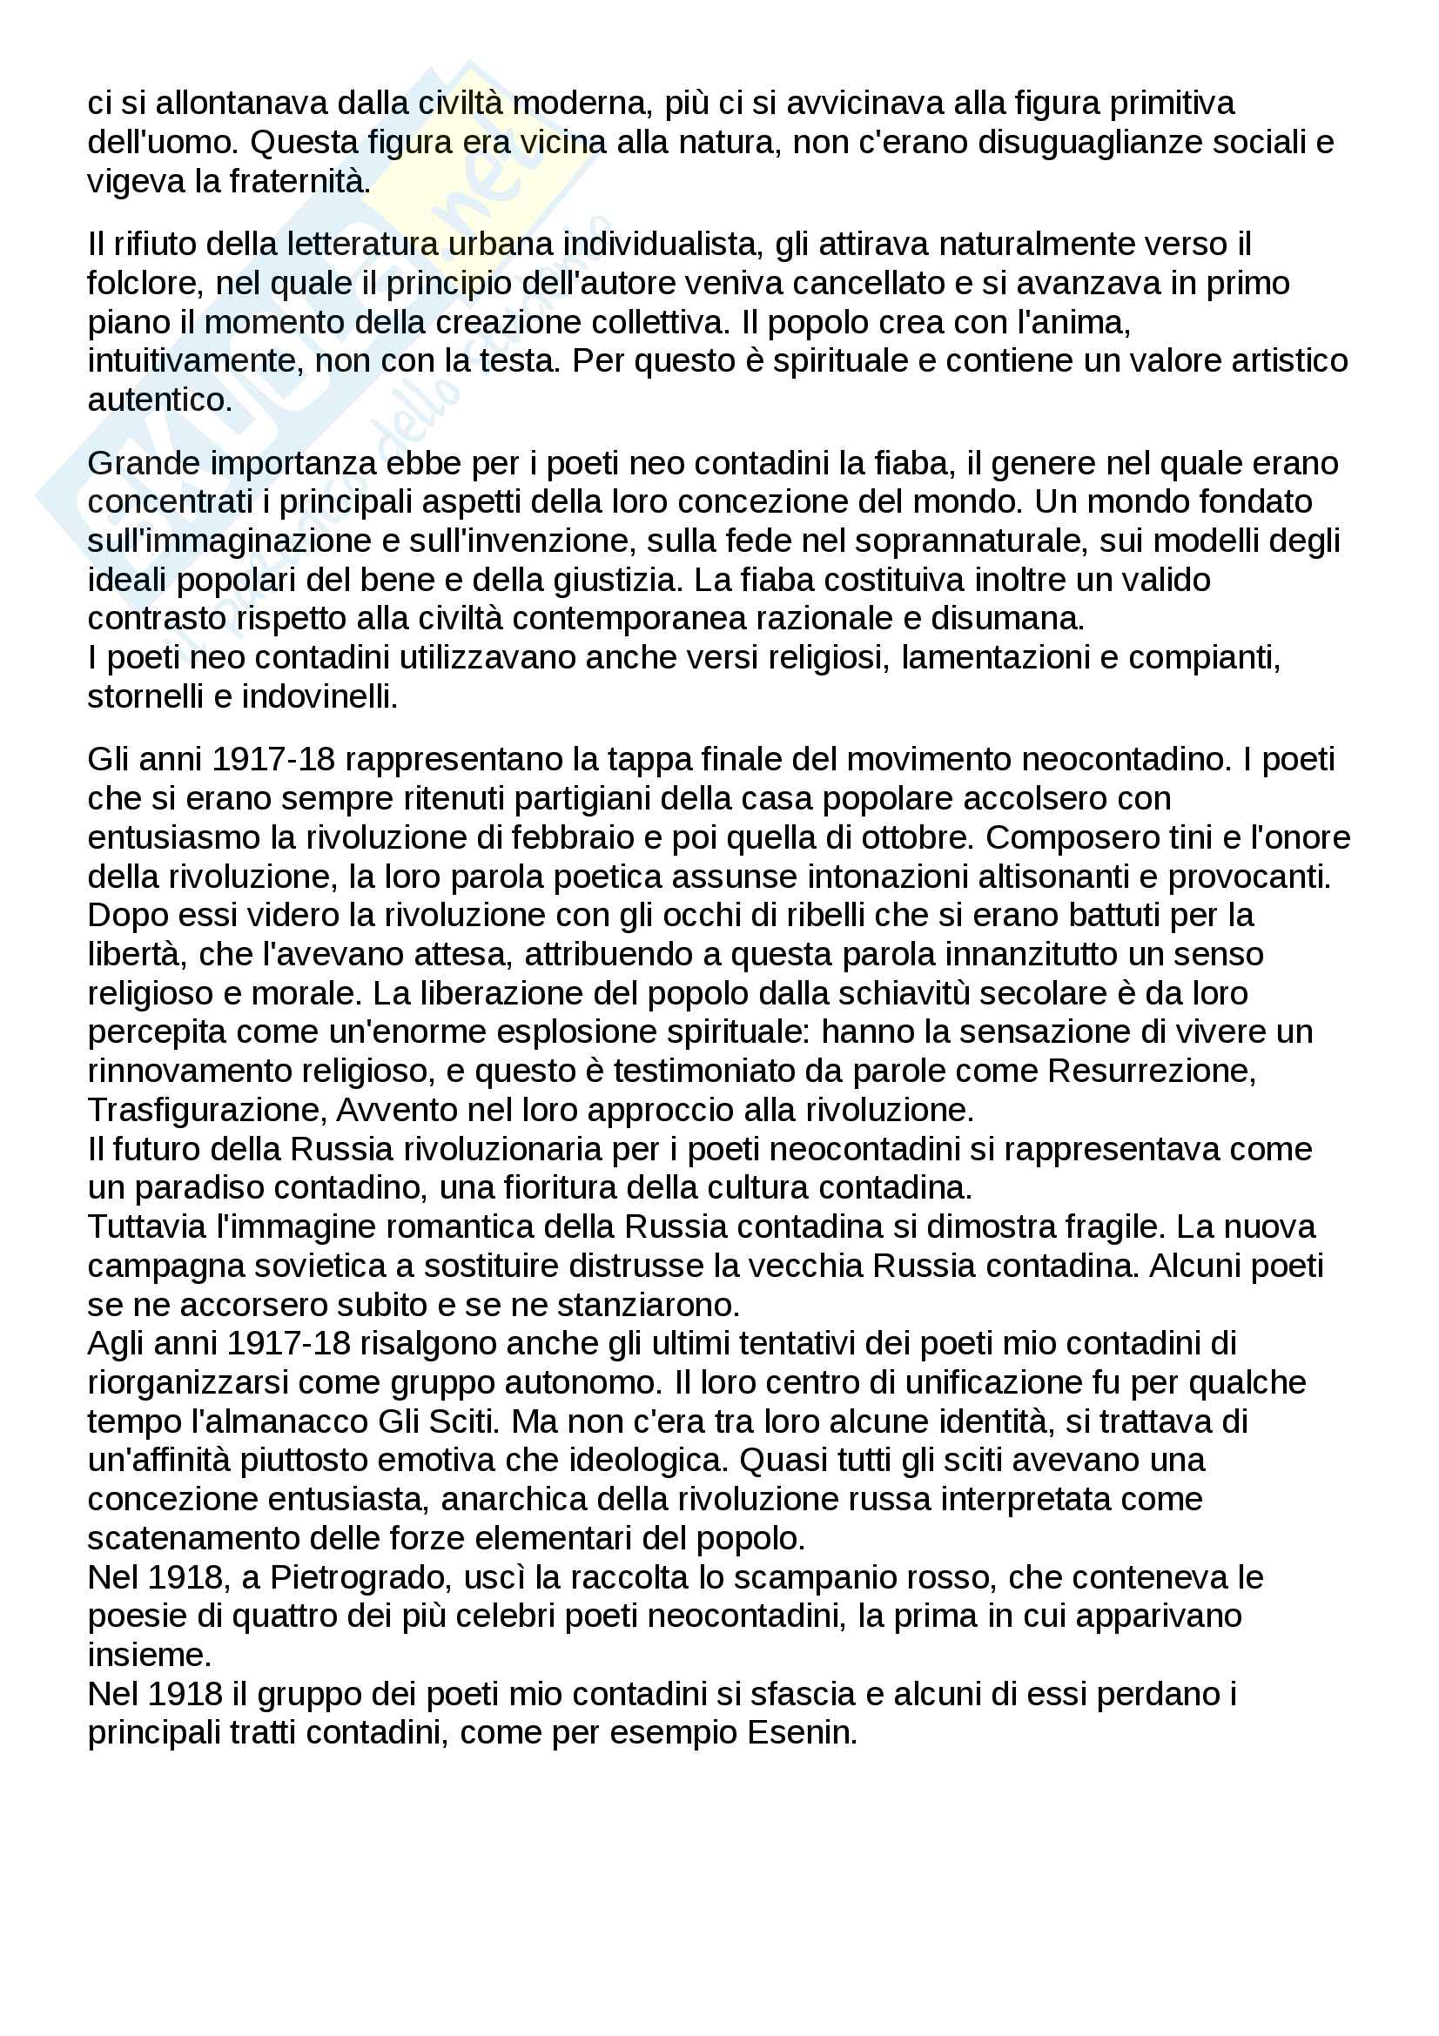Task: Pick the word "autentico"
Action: click(158, 400)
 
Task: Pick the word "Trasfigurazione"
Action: click(203, 1109)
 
